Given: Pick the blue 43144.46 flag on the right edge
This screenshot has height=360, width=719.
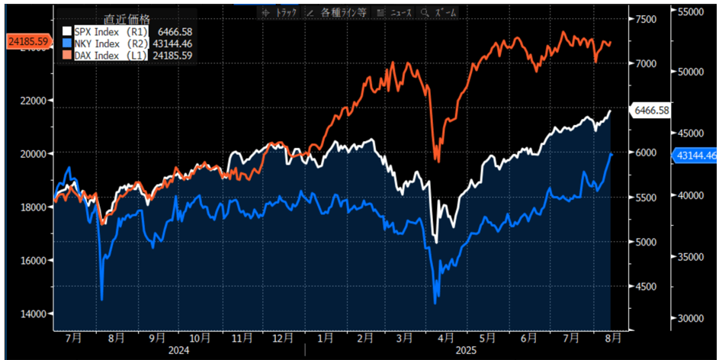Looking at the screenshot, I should (x=695, y=156).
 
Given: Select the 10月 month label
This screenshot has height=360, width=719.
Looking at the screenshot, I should (x=200, y=336).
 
